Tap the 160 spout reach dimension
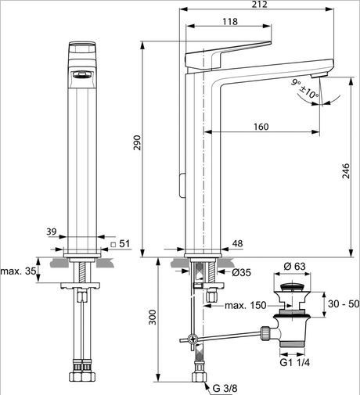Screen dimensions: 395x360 tap(261, 127)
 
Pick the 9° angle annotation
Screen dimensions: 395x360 tap(294, 81)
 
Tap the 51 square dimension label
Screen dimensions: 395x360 tap(121, 245)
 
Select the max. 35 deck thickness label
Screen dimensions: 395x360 tap(18, 271)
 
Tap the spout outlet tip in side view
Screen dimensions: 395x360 tap(319, 74)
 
